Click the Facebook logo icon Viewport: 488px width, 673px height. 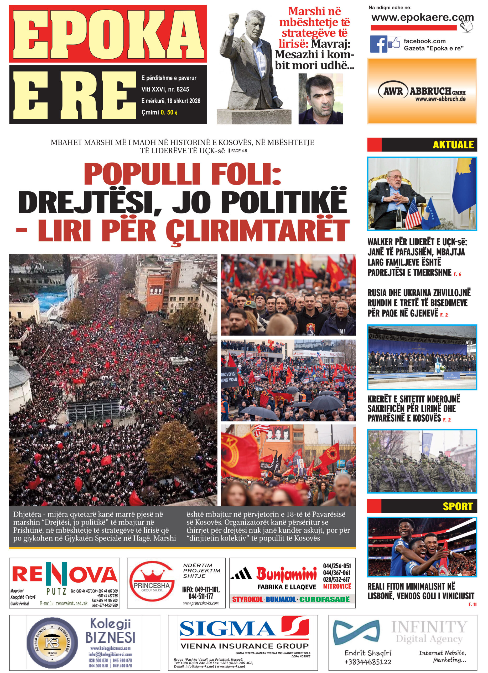[x=378, y=44]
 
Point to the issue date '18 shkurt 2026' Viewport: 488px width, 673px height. [x=184, y=101]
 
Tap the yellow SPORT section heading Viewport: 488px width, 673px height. [x=458, y=506]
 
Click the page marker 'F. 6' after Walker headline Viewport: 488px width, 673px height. [x=457, y=274]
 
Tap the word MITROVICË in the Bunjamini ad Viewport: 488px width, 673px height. [x=337, y=586]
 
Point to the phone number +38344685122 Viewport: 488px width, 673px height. [x=368, y=662]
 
